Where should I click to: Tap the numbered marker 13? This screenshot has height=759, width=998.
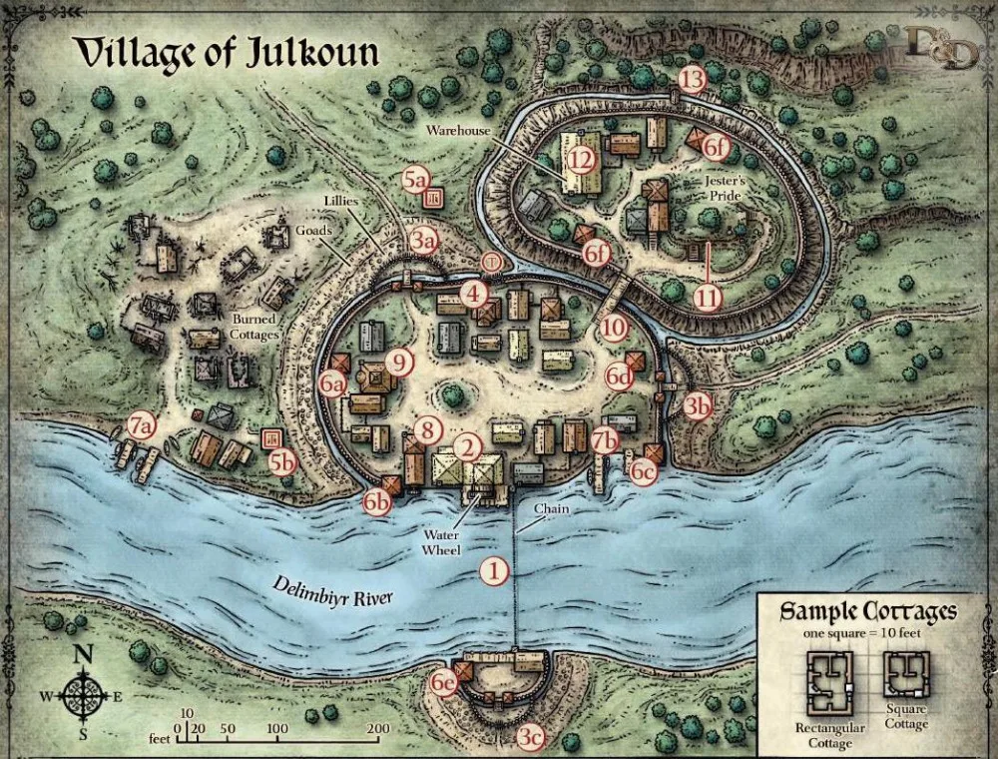[693, 79]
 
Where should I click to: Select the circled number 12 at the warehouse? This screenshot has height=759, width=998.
[582, 158]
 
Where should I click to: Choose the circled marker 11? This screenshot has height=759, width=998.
[708, 297]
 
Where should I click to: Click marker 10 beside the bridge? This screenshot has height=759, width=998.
[614, 326]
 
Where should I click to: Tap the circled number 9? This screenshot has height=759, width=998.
[399, 362]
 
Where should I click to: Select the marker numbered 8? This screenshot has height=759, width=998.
[427, 430]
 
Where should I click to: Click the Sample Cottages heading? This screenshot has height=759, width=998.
[866, 611]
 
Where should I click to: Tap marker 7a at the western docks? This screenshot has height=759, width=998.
[143, 425]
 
